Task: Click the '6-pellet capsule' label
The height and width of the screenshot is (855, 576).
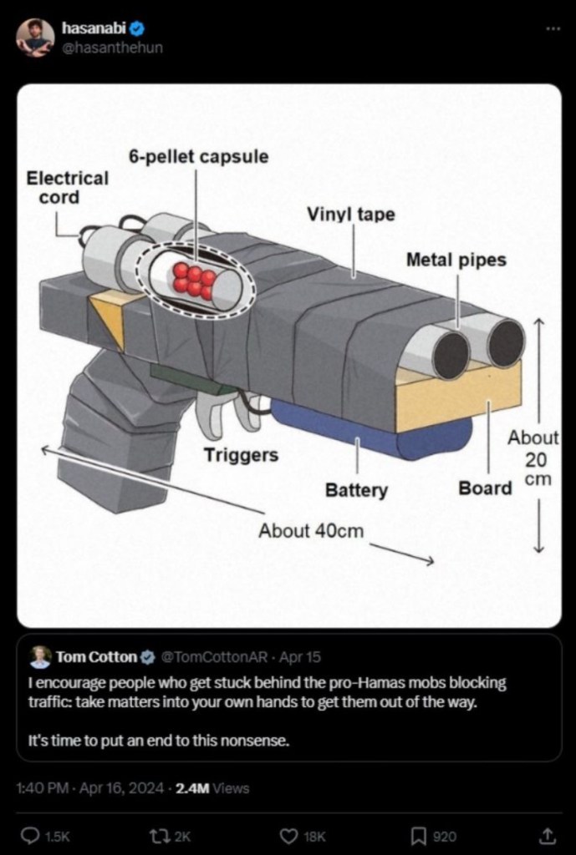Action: pyautogui.click(x=198, y=156)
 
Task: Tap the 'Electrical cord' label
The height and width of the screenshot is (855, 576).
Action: pyautogui.click(x=67, y=187)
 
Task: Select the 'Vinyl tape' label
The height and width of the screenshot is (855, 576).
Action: pyautogui.click(x=350, y=214)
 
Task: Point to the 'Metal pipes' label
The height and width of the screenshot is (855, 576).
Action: pyautogui.click(x=456, y=260)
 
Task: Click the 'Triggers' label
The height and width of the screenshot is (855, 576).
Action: pyautogui.click(x=241, y=455)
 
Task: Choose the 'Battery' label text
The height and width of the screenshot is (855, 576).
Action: pyautogui.click(x=356, y=490)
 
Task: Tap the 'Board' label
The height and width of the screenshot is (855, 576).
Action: pyautogui.click(x=485, y=488)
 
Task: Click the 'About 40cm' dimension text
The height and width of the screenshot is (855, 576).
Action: pyautogui.click(x=311, y=530)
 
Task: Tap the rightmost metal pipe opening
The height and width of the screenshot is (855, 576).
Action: pyautogui.click(x=506, y=343)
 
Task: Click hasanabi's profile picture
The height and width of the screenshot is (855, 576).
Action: pyautogui.click(x=35, y=38)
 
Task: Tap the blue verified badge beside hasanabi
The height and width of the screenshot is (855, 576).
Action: pyautogui.click(x=132, y=29)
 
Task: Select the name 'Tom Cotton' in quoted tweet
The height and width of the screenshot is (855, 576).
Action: pyautogui.click(x=95, y=656)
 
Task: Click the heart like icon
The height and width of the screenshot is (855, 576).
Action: pyautogui.click(x=288, y=835)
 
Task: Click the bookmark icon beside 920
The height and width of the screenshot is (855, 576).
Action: pyautogui.click(x=419, y=835)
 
